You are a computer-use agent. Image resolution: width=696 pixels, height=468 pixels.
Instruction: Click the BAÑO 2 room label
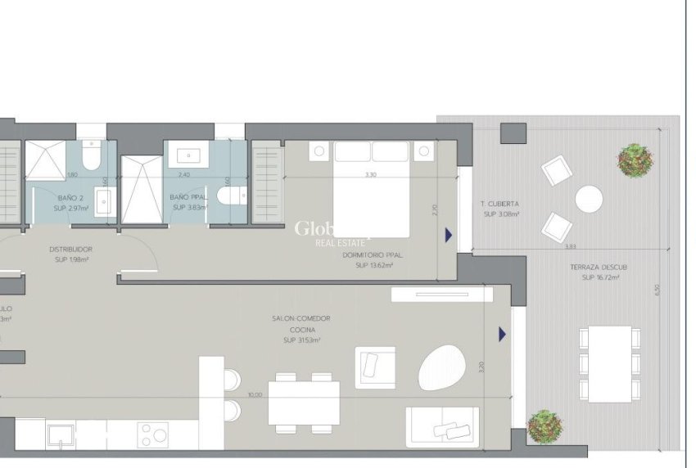click(70, 199)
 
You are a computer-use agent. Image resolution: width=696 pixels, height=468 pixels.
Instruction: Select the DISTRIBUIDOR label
click(70, 250)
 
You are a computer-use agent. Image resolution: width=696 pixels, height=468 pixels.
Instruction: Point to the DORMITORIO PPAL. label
click(368, 254)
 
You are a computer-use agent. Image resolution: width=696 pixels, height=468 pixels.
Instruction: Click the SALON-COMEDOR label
click(301, 318)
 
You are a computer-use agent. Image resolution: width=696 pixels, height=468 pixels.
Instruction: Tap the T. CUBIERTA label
click(500, 204)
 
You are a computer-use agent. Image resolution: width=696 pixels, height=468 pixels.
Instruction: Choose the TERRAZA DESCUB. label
click(599, 267)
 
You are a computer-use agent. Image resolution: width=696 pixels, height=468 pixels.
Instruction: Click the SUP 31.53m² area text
click(301, 340)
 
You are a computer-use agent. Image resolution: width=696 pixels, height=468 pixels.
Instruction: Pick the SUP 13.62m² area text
click(368, 265)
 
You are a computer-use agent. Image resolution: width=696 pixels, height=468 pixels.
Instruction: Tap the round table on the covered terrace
click(589, 199)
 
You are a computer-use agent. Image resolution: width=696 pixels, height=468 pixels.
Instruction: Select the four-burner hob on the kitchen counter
click(152, 434)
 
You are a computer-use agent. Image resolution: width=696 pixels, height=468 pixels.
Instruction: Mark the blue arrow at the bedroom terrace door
click(448, 236)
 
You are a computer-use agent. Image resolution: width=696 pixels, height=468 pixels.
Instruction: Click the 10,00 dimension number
click(255, 395)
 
